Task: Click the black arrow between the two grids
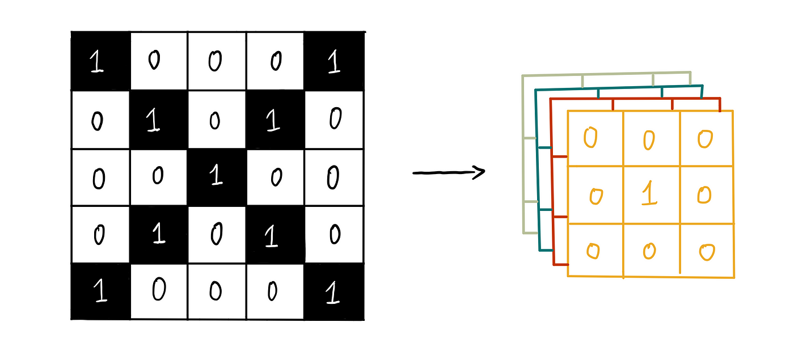click(x=448, y=172)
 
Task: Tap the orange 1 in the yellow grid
click(x=649, y=194)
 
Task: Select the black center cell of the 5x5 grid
click(x=216, y=176)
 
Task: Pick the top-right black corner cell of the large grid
click(x=334, y=61)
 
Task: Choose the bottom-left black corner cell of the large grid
click(x=101, y=291)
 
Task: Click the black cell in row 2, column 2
click(x=158, y=120)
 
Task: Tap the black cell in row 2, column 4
click(x=275, y=120)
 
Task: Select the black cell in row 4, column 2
click(x=158, y=234)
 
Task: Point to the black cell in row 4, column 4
click(x=275, y=234)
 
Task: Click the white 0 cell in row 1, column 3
click(x=216, y=61)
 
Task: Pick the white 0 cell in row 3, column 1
click(x=100, y=177)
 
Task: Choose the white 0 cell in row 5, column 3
click(x=216, y=291)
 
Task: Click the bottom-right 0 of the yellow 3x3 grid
click(x=706, y=251)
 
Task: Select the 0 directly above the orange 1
click(x=649, y=139)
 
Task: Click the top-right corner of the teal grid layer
click(x=703, y=86)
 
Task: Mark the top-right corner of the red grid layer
click(x=720, y=99)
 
